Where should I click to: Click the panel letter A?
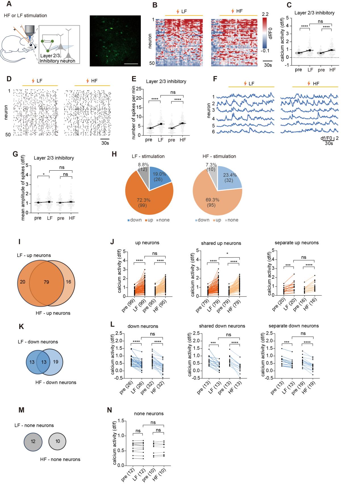pos(9,4)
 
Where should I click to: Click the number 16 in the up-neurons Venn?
pos(68,282)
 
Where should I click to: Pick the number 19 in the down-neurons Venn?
pos(56,362)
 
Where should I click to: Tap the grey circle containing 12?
pos(33,441)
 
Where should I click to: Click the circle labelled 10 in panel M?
pos(58,441)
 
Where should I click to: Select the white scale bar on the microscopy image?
pos(131,64)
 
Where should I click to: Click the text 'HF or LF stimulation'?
pos(26,15)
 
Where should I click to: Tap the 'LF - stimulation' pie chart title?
pos(148,156)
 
